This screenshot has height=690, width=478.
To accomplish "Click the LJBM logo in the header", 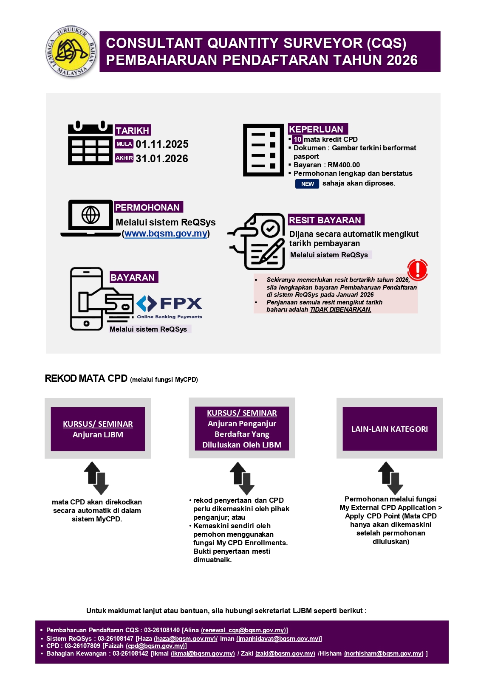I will (x=71, y=51).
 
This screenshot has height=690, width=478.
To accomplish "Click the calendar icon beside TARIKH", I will (x=90, y=144).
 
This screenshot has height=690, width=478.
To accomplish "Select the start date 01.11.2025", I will (x=162, y=144).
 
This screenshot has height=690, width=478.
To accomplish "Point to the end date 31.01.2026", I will (x=162, y=159).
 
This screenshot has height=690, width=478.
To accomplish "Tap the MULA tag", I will (x=124, y=144).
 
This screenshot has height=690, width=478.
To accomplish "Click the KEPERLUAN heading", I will (x=317, y=129).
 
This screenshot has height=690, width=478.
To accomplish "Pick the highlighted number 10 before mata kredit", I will (x=297, y=139).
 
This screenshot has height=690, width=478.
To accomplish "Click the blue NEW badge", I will (x=307, y=184).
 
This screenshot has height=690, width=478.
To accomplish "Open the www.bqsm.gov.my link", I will (x=166, y=234).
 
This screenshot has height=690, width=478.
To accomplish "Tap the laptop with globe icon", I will (x=91, y=218).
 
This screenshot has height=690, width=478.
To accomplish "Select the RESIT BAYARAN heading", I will (x=325, y=220).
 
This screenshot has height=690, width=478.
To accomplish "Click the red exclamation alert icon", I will (x=417, y=270).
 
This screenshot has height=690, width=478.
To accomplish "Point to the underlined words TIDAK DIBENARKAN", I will (x=340, y=310).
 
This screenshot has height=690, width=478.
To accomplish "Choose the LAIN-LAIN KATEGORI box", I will (x=389, y=429).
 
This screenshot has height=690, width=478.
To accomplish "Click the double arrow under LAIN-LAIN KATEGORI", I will (x=390, y=478).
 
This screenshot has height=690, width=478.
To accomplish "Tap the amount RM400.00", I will (x=344, y=165).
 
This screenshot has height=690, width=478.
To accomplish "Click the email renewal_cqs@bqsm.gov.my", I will (x=244, y=630).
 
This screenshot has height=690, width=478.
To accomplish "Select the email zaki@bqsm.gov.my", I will (x=285, y=653).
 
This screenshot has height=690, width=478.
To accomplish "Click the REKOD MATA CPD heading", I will (x=86, y=378).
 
